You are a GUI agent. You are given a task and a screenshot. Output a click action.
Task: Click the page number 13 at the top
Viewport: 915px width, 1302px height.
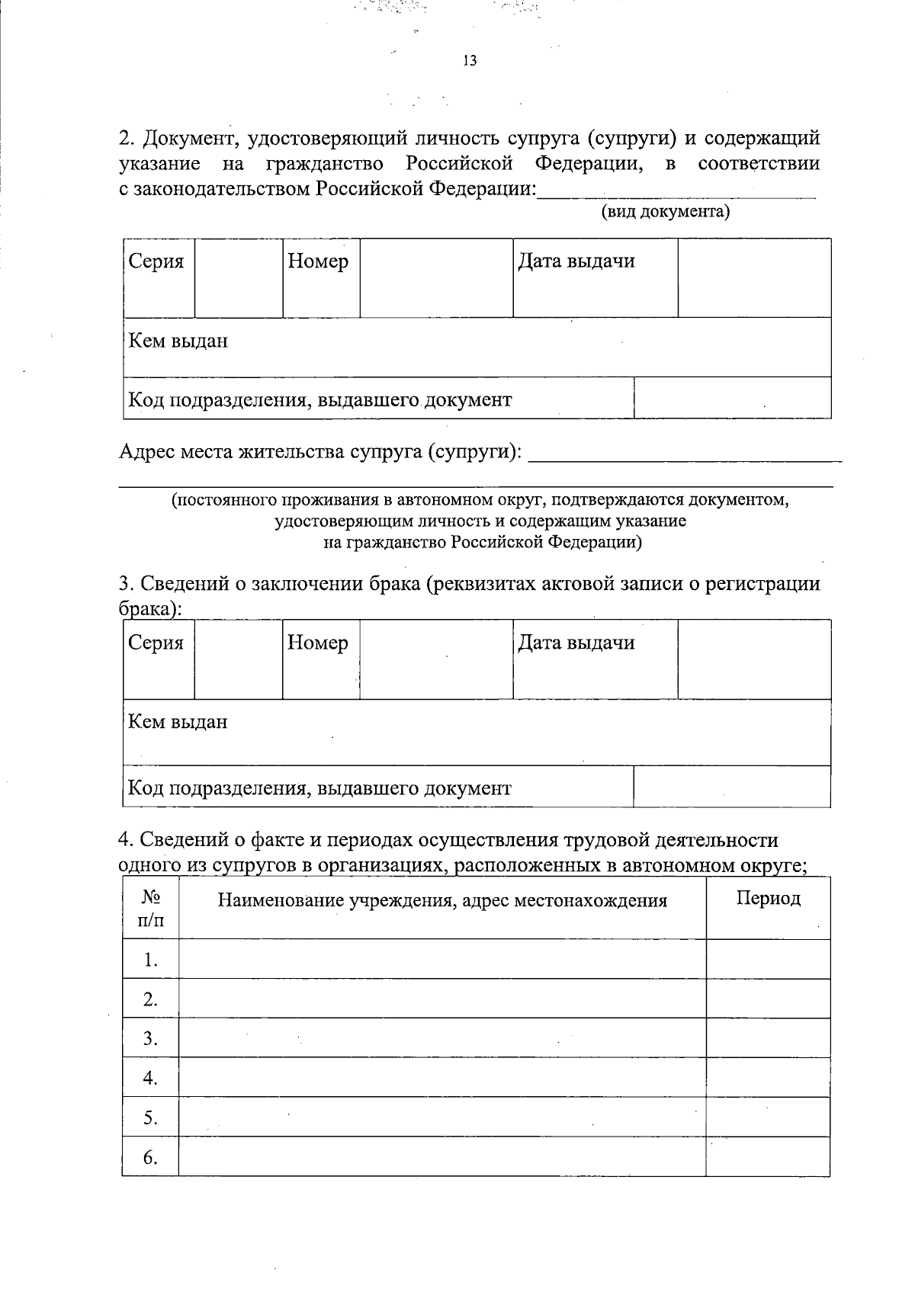470,61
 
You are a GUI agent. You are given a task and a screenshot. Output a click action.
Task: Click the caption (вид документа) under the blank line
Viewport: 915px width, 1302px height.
666,212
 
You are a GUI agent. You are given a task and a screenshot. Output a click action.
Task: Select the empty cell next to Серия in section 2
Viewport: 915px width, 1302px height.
239,278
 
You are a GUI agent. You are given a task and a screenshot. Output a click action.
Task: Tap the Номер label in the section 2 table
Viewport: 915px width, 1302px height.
319,261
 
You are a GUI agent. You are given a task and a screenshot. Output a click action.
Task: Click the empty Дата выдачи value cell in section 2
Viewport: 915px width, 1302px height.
754,278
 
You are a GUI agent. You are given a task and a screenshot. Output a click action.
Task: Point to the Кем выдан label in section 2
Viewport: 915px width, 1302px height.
178,341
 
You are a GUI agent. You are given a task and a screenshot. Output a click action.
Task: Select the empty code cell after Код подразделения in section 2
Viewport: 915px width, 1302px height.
732,398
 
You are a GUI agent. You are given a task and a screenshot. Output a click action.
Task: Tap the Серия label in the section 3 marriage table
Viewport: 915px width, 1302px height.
156,643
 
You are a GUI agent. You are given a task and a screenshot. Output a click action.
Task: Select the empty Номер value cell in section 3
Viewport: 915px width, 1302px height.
435,659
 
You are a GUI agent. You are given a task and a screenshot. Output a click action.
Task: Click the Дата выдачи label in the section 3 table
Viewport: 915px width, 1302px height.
576,643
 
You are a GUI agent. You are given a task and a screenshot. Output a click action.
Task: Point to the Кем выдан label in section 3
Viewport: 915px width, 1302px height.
178,721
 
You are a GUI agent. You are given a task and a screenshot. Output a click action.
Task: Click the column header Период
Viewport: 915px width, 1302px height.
768,898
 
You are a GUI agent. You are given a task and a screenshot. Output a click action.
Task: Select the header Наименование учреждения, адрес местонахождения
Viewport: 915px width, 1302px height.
442,901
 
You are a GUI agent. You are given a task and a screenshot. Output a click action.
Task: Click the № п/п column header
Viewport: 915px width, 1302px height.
150,909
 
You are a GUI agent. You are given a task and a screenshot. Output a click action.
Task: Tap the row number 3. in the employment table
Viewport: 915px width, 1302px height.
150,1038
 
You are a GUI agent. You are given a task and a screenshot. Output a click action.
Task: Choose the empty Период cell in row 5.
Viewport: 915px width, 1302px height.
768,1117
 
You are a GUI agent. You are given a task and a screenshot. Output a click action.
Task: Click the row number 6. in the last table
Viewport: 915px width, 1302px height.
150,1157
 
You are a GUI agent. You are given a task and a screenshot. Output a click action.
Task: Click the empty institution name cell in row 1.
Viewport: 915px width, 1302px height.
442,959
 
